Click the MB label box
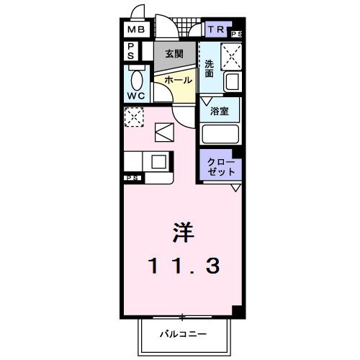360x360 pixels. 136,30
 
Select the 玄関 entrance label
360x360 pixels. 174,53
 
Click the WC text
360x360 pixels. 136,95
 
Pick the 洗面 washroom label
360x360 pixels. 209,68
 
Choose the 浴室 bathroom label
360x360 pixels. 220,112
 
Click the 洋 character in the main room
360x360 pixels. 183,233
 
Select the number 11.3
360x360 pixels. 183,266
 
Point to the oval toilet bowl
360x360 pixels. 136,78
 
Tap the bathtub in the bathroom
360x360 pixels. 220,135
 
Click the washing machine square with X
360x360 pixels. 231,54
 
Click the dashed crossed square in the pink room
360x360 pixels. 133,117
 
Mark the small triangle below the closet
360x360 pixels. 235,188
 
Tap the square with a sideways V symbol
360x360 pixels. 164,132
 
